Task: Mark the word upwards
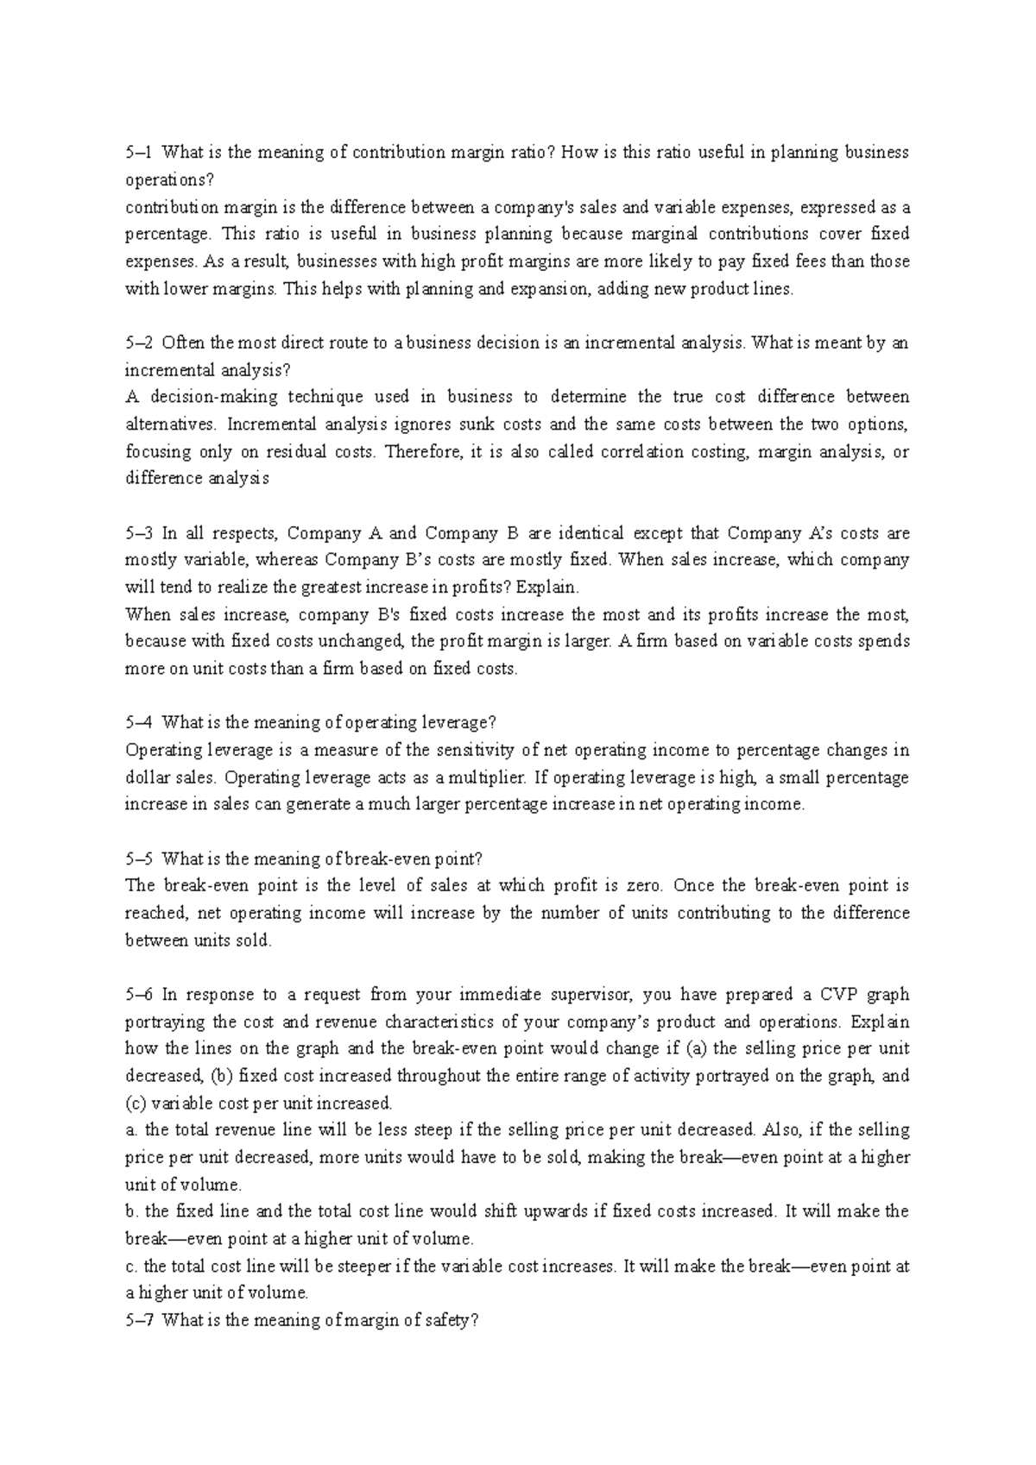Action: coord(554,1212)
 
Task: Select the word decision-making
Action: coord(210,398)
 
